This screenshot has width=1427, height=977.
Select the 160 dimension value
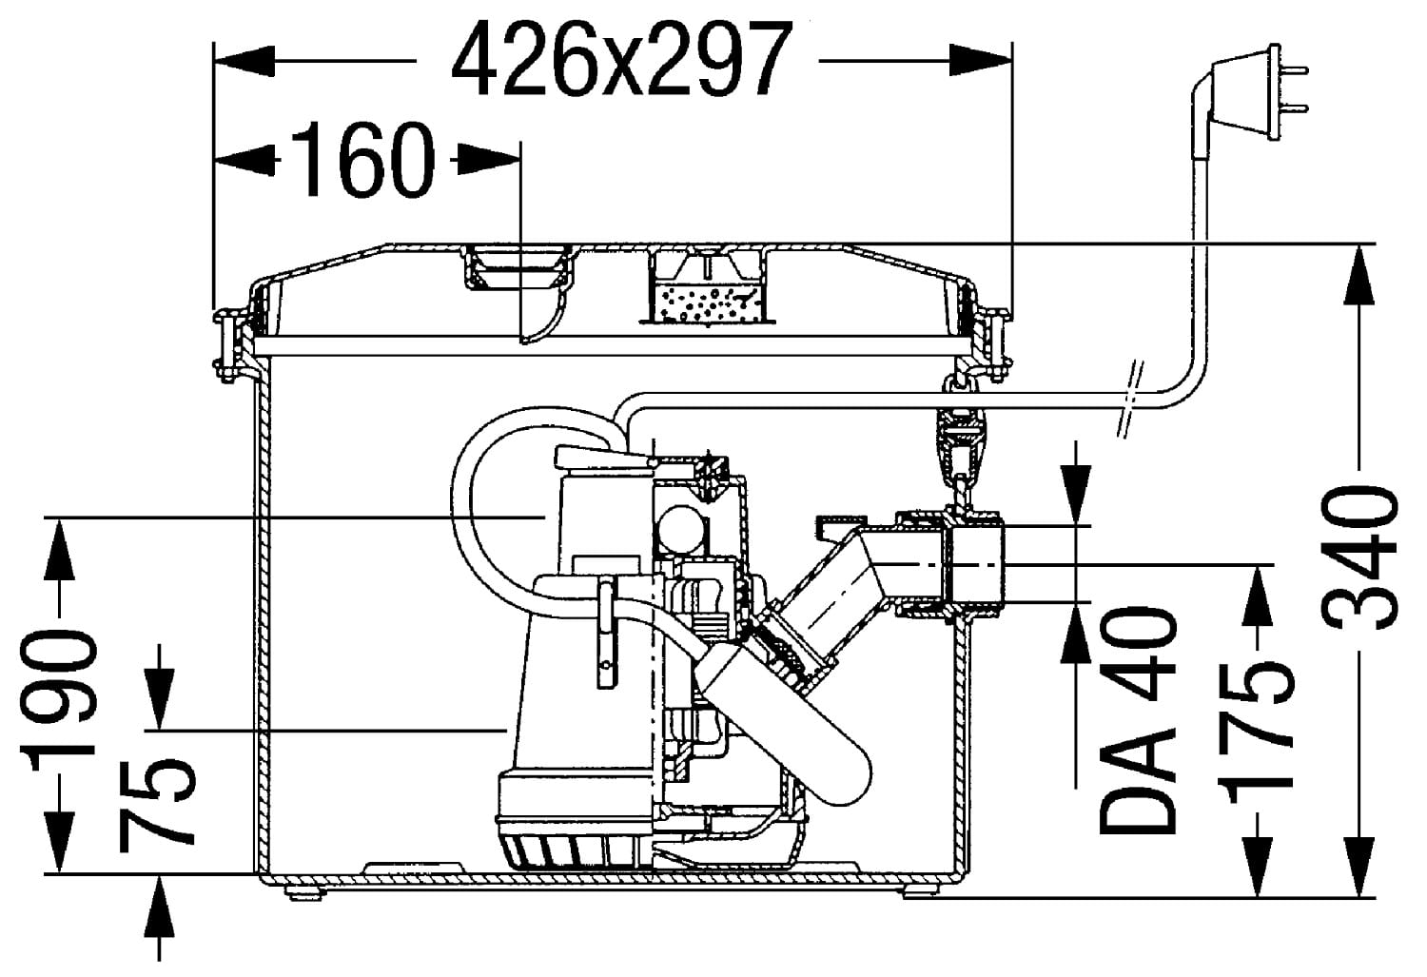(x=363, y=159)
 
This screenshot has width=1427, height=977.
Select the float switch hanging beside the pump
(x=785, y=722)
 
